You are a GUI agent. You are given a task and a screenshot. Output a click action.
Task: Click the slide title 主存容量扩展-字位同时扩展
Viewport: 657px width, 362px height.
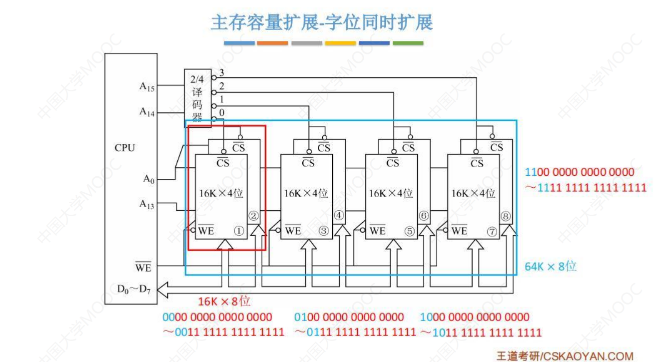322,22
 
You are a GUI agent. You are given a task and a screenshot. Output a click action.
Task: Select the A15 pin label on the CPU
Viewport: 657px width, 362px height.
146,87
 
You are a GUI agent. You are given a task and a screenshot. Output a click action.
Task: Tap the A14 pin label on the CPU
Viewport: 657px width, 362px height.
146,112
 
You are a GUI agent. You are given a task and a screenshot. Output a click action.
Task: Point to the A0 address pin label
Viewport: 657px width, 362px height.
148,179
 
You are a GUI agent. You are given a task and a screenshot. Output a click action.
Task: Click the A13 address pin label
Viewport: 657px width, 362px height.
146,204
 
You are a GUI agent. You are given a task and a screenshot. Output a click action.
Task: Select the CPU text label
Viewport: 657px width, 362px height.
125,148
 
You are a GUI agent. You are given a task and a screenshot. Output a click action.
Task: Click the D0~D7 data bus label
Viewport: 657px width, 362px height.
134,289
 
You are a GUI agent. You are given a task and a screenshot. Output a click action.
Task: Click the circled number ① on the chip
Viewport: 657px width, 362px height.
239,231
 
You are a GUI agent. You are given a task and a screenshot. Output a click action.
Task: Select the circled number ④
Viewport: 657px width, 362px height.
338,216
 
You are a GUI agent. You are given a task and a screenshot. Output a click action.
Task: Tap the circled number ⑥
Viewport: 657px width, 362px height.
424,216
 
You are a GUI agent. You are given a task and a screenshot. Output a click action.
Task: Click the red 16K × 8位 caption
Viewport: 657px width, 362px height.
224,302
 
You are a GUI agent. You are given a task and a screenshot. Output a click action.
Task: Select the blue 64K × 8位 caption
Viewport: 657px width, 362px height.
551,266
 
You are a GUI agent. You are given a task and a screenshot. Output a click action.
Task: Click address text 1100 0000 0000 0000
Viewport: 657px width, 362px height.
580,173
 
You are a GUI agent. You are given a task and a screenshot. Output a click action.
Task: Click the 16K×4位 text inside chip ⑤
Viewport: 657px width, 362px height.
391,193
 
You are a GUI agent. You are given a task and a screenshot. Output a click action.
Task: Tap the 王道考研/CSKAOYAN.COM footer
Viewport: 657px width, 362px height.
565,356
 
